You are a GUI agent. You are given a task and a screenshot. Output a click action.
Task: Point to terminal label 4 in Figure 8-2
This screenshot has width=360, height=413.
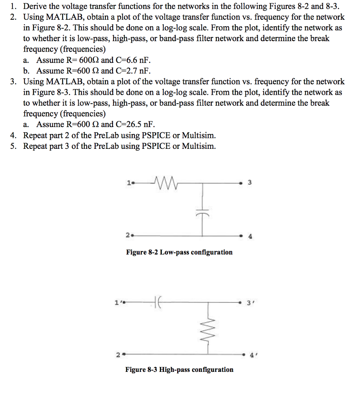(250, 237)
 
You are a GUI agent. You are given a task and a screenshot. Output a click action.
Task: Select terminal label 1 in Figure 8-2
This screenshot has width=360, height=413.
(128, 183)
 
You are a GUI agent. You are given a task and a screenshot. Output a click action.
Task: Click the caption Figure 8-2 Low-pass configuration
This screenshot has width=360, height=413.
(179, 252)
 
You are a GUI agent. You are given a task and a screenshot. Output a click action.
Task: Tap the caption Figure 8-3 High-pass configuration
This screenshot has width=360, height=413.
(179, 369)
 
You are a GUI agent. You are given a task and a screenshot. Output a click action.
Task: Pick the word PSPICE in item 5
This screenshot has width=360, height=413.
(157, 146)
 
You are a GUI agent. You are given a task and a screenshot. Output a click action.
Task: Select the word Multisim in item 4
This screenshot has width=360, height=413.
(199, 135)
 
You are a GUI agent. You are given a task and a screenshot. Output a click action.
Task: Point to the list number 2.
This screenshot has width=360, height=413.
(14, 17)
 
